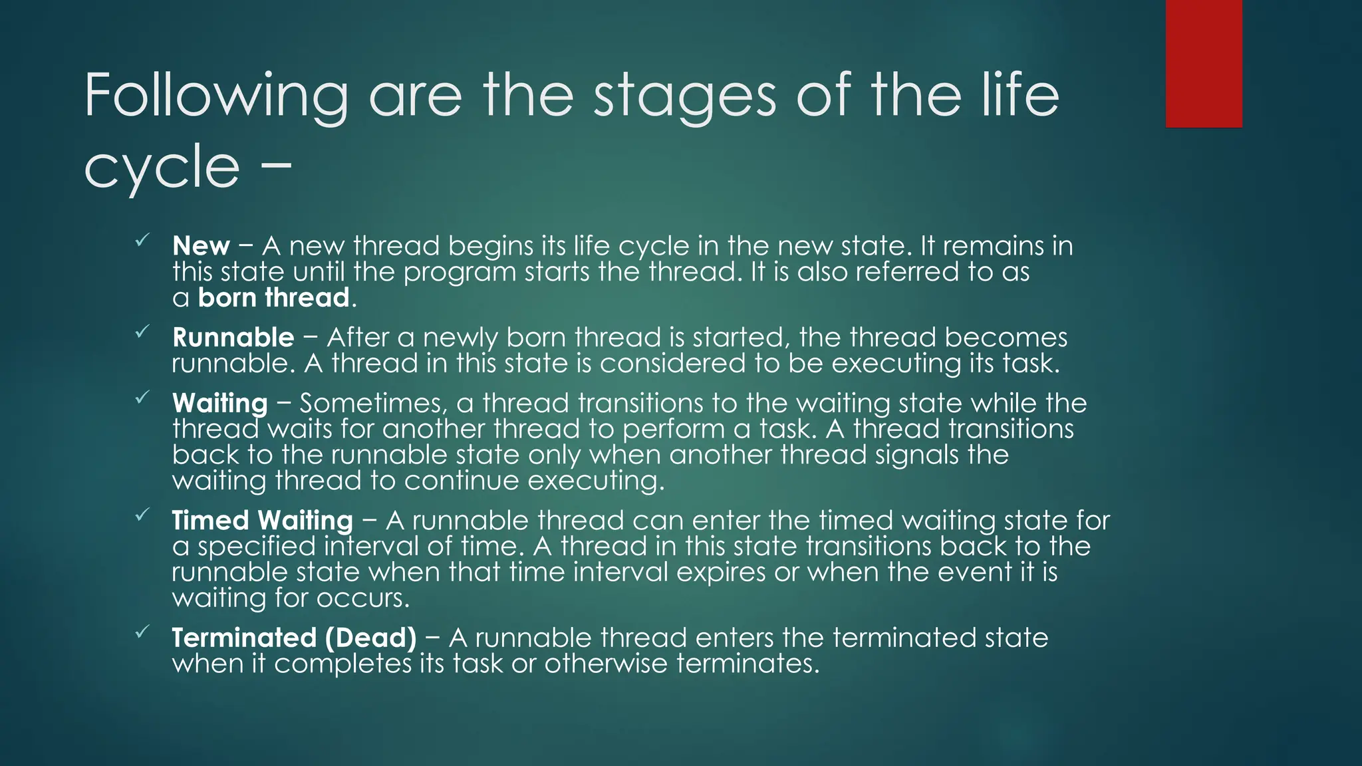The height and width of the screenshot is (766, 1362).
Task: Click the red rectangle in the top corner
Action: click(x=1204, y=64)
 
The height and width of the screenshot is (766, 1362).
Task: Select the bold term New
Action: click(x=201, y=246)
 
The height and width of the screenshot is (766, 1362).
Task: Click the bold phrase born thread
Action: click(x=274, y=298)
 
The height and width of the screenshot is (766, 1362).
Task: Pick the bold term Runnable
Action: click(x=233, y=338)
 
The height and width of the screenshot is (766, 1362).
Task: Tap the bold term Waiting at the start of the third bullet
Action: click(x=219, y=404)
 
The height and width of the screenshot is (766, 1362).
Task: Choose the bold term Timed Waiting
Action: click(x=262, y=521)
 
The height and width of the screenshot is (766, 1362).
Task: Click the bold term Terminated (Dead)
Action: click(x=294, y=638)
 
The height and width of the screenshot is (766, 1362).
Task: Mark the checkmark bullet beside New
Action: click(x=142, y=241)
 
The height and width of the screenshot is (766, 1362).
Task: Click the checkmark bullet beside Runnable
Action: click(x=142, y=332)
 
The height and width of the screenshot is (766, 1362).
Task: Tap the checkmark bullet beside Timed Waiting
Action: click(x=142, y=515)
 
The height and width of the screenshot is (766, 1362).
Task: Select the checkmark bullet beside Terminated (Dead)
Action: click(x=142, y=632)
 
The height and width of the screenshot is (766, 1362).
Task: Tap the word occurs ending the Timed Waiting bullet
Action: click(x=362, y=598)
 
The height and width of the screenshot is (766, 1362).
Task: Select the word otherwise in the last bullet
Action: click(x=605, y=664)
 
